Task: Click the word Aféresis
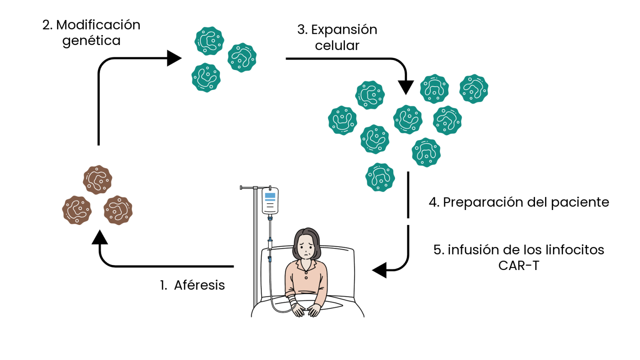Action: [x=199, y=285]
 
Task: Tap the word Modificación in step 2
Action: [x=98, y=25]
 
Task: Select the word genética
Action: [x=91, y=41]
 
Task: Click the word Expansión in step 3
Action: [x=344, y=30]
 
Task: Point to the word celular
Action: [x=337, y=45]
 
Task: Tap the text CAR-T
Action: [x=519, y=265]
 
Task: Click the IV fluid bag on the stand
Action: [x=270, y=201]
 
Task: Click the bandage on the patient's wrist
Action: [x=292, y=300]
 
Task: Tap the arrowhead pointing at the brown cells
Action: [x=100, y=237]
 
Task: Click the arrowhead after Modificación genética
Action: [x=174, y=58]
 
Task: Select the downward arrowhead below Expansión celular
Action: [x=406, y=87]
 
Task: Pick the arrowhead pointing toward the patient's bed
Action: [x=380, y=270]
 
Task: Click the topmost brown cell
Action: [x=97, y=180]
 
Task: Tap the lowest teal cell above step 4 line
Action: [x=380, y=177]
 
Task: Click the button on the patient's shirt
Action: [x=306, y=277]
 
